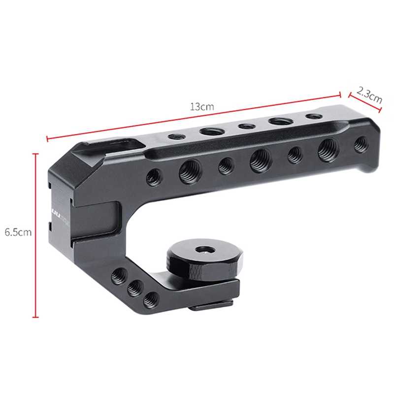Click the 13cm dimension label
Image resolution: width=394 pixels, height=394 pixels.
point(202,106)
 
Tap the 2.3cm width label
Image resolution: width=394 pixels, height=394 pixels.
point(369,94)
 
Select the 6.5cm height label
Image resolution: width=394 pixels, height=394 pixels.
point(18,232)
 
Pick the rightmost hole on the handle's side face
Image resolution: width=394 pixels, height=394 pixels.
point(361,143)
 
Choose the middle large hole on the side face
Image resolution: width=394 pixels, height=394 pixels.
point(259,160)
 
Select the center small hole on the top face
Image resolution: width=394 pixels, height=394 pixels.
point(245,126)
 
